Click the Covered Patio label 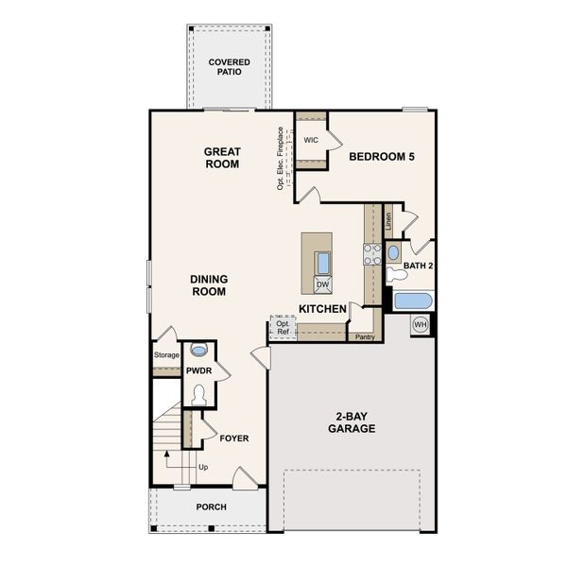click(x=230, y=66)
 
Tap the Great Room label click(x=223, y=158)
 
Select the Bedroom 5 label click(x=382, y=157)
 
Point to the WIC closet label click(x=311, y=140)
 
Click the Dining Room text click(x=208, y=285)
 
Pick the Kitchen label click(x=321, y=310)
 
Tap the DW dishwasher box click(x=323, y=284)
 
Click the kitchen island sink click(x=323, y=262)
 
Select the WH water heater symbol click(x=421, y=325)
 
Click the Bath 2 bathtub click(x=412, y=302)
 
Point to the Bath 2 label click(x=417, y=266)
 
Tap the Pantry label click(x=364, y=335)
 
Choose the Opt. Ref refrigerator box click(x=283, y=328)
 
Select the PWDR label click(x=198, y=370)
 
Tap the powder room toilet click(x=198, y=395)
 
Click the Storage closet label click(x=166, y=355)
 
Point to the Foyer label click(x=233, y=438)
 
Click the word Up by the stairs click(x=202, y=467)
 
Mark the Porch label click(x=211, y=507)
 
